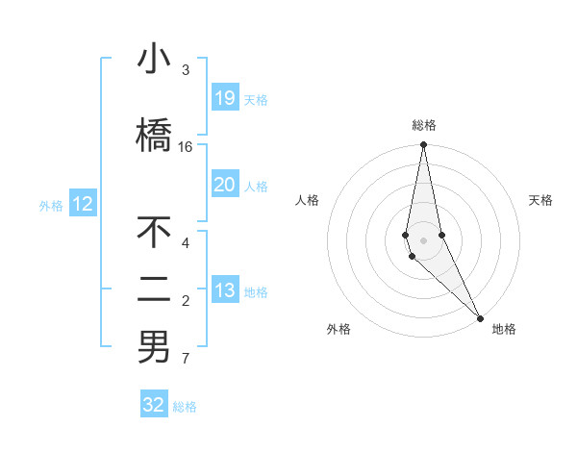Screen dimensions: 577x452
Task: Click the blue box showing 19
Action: [224, 98]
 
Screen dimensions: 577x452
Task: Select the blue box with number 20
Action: [224, 186]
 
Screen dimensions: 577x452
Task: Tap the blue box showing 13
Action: [224, 290]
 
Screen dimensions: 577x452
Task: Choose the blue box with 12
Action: [83, 204]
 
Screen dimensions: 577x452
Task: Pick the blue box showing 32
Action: [154, 405]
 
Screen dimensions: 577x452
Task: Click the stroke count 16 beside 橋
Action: [186, 147]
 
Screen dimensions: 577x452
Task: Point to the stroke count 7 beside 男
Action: [186, 360]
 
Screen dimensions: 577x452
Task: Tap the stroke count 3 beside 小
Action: [186, 70]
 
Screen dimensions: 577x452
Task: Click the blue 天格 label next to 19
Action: [256, 99]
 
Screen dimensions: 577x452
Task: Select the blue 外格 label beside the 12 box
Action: [51, 205]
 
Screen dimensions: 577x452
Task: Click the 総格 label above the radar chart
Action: [424, 125]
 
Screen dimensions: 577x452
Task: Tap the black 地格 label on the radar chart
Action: [504, 329]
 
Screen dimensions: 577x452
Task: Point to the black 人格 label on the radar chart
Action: [307, 200]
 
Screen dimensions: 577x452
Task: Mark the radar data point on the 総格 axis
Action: [423, 145]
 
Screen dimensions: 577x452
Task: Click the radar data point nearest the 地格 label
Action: [480, 317]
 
